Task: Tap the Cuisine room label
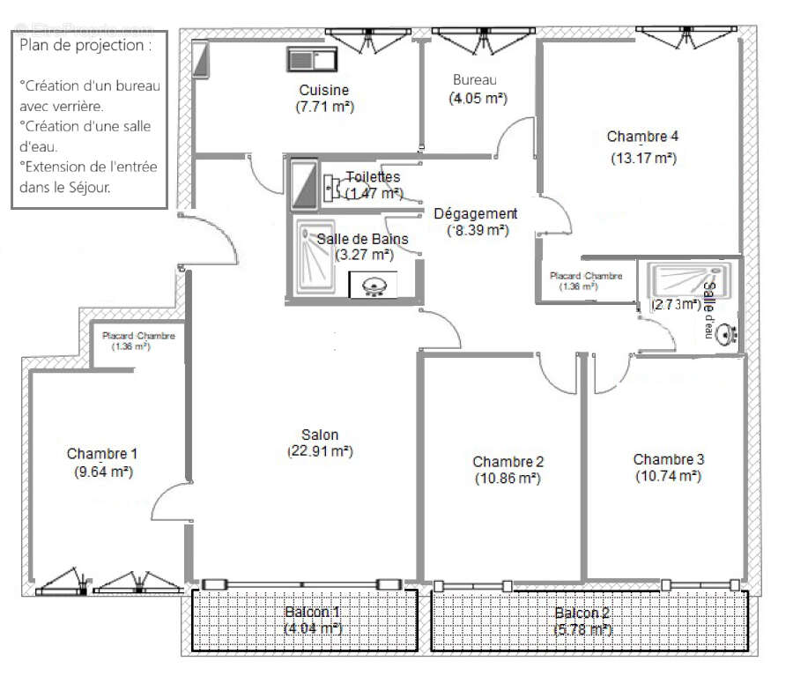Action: click(x=323, y=90)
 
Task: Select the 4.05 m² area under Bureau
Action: click(x=478, y=99)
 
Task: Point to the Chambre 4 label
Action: click(x=642, y=137)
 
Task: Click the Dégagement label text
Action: click(x=476, y=213)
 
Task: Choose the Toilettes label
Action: click(x=373, y=177)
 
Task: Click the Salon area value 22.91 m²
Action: click(x=320, y=451)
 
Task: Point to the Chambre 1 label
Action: click(x=102, y=454)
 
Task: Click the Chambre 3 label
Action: click(x=668, y=459)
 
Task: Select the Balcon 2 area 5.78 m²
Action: click(x=582, y=629)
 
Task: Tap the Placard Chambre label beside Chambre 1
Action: click(x=138, y=336)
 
